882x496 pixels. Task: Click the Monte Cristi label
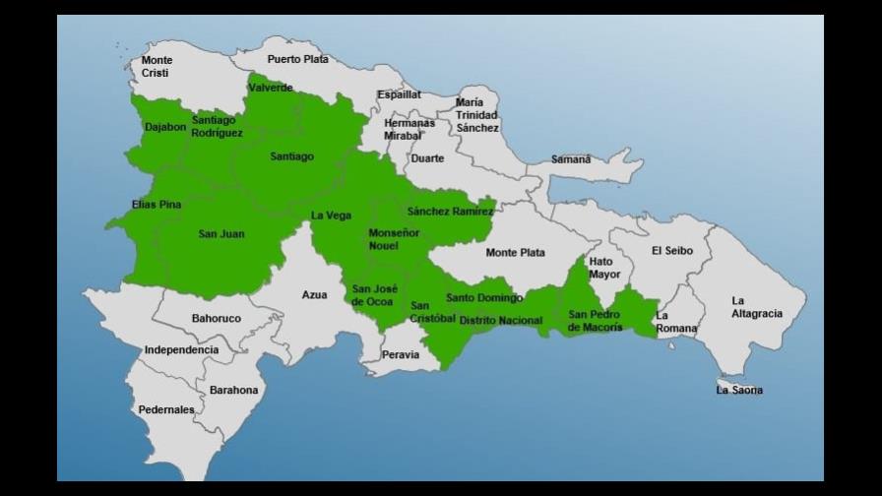(157, 67)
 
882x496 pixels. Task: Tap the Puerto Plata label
(297, 59)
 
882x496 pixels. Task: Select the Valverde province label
(271, 88)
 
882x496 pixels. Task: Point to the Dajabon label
(165, 127)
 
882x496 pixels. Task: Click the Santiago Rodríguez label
(217, 127)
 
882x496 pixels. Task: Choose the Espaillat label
(399, 94)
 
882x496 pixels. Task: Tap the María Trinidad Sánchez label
(477, 115)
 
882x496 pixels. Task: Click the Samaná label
(571, 159)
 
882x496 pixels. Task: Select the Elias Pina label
(157, 205)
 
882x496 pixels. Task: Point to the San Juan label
(221, 234)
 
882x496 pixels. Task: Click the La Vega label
(331, 216)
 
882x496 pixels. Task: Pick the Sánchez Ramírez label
(450, 211)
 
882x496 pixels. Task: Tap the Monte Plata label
(515, 253)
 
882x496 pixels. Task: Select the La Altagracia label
(757, 307)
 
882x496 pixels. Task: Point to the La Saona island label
(739, 391)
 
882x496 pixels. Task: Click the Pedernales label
(166, 409)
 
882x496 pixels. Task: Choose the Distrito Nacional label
(500, 321)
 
